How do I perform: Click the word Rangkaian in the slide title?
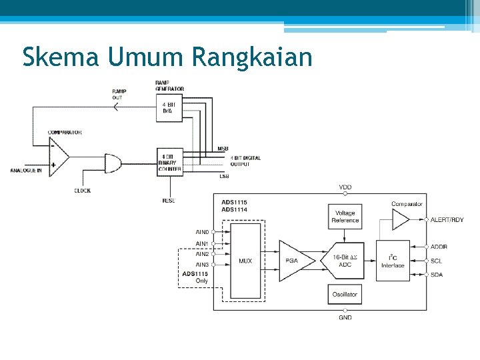tap(251, 57)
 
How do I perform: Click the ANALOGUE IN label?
tap(26, 171)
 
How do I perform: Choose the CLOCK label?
tap(83, 191)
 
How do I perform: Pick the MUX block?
tap(245, 261)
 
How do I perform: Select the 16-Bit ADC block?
tap(345, 261)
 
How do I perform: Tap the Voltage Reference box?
tap(345, 217)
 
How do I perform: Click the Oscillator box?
tap(345, 294)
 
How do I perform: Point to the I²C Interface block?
tap(393, 261)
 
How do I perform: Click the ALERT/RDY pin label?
tap(447, 219)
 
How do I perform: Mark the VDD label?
tap(345, 187)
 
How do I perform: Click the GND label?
tap(345, 318)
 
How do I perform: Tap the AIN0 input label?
tap(202, 232)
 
